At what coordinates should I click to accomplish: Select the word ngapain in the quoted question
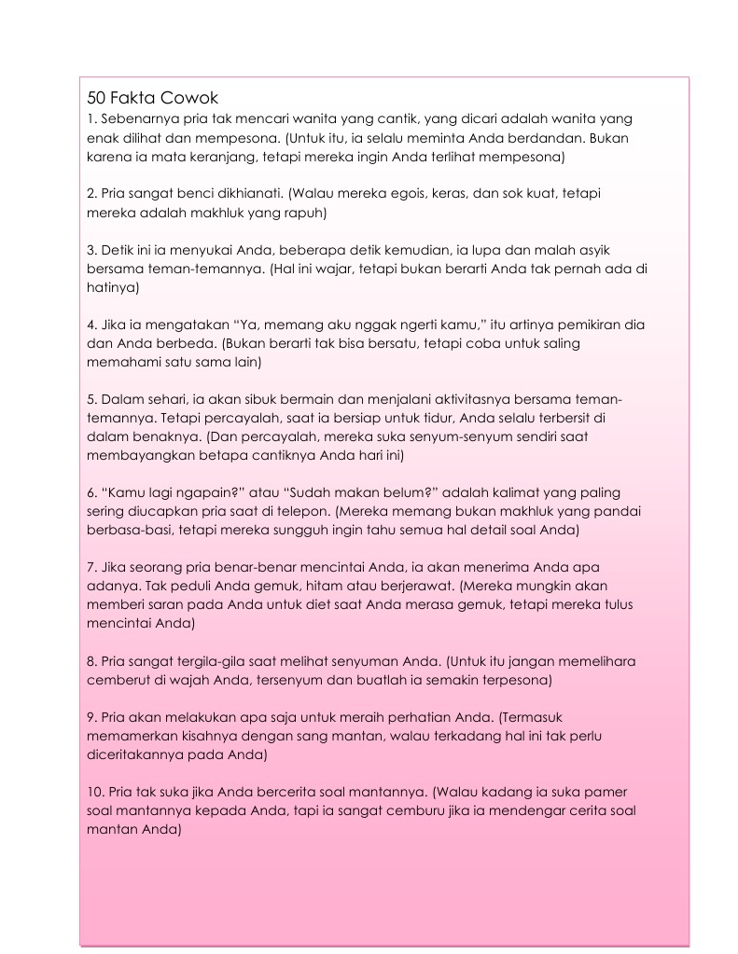click(x=189, y=492)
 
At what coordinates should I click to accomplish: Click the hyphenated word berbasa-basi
click(x=127, y=530)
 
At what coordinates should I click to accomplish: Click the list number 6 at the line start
click(x=91, y=492)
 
